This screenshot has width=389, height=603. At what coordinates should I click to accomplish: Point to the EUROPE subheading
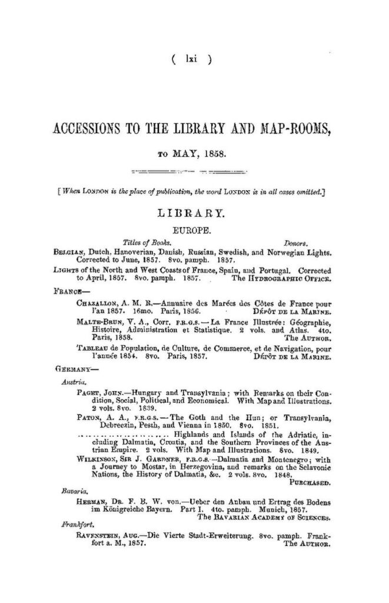pos(192,226)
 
